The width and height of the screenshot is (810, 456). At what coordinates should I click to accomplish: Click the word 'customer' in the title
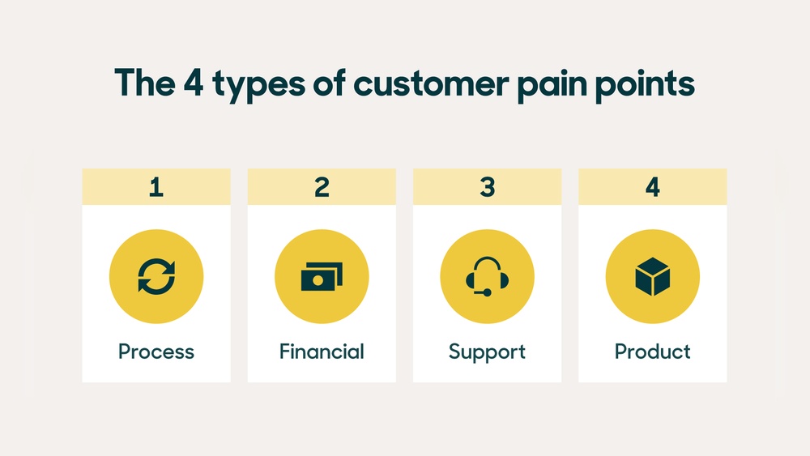(431, 83)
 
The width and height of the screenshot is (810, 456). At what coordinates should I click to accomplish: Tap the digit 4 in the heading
(194, 83)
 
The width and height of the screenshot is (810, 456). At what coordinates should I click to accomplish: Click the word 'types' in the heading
(259, 86)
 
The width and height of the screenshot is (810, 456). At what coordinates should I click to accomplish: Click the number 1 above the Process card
(156, 187)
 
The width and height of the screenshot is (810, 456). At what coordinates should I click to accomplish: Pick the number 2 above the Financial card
(322, 187)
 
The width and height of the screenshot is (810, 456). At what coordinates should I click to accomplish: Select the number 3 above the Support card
(487, 187)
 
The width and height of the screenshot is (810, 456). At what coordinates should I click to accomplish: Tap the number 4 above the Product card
(652, 187)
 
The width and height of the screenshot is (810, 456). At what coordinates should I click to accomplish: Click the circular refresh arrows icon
(156, 276)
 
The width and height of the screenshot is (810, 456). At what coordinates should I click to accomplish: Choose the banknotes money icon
(322, 277)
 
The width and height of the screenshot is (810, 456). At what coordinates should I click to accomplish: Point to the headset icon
(487, 277)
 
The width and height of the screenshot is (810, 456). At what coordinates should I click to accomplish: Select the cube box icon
(652, 277)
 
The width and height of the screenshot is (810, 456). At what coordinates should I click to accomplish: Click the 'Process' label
(156, 352)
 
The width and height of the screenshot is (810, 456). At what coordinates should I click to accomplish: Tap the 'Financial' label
(322, 352)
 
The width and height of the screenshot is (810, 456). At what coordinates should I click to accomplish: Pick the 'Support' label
(487, 352)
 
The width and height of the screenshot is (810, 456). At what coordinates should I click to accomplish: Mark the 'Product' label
(652, 352)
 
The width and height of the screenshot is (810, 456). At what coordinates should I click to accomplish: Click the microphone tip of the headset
(487, 293)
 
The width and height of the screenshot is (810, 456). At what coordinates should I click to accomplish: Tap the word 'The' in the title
(145, 83)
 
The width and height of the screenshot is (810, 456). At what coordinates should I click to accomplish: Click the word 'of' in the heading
(329, 83)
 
